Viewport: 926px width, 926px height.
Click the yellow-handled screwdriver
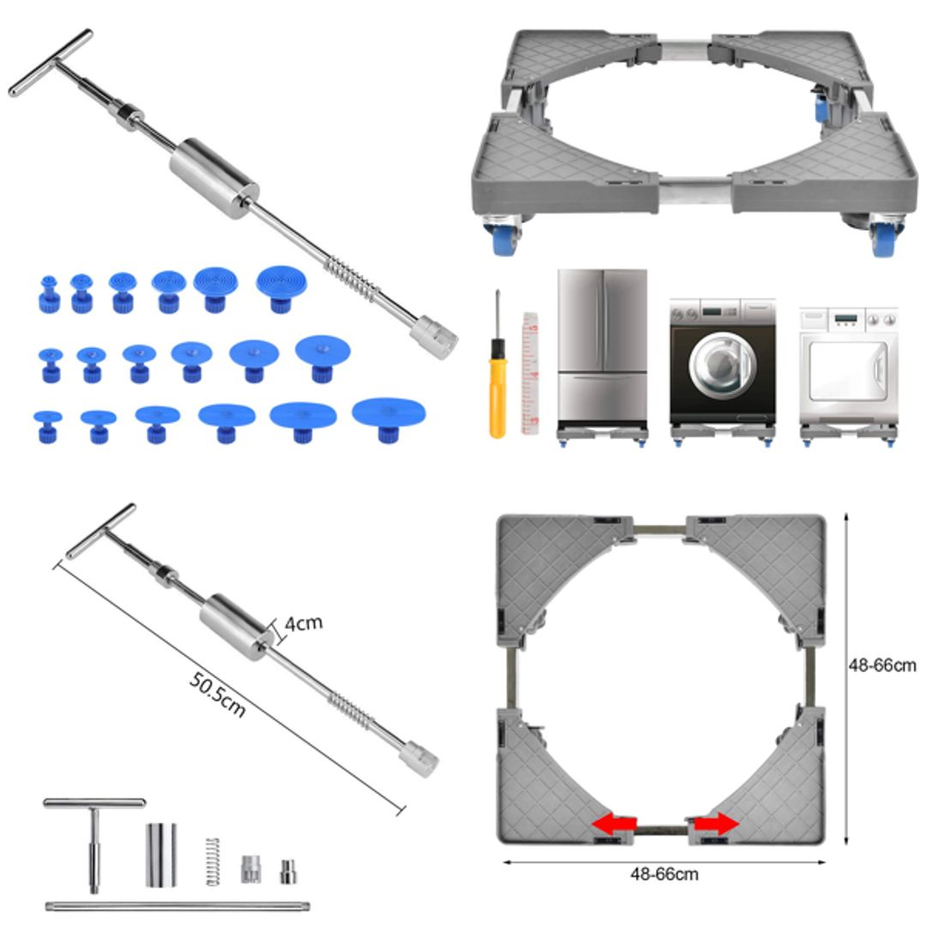[x=496, y=377]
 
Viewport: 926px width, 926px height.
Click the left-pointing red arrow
[x=614, y=825]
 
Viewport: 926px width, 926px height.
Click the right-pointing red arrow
[x=717, y=825]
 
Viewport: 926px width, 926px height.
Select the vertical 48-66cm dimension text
[x=882, y=665]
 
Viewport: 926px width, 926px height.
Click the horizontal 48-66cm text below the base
[x=664, y=875]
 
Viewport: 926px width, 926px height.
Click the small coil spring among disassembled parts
[x=212, y=860]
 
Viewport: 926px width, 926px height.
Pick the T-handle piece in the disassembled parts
[x=94, y=832]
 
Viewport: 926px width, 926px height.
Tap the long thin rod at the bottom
[x=177, y=905]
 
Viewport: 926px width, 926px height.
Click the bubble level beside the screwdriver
[x=530, y=373]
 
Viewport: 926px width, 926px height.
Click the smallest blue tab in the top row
[x=50, y=292]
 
